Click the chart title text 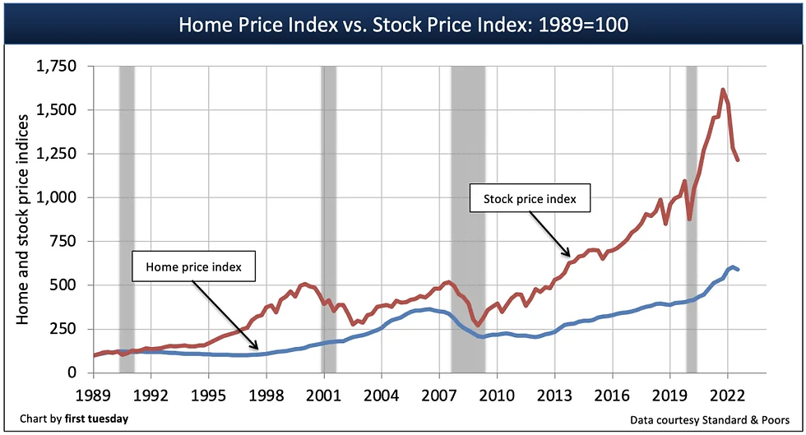403,24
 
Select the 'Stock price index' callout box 529,199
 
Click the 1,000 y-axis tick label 59,198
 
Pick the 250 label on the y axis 67,329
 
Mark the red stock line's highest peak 723,90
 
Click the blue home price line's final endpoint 738,270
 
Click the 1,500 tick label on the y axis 59,110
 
